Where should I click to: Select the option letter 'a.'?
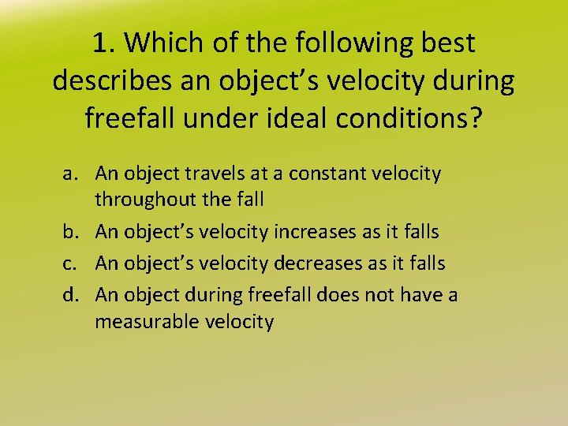(x=73, y=174)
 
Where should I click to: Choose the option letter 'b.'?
(x=73, y=232)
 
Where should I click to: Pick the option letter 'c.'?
(x=73, y=262)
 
